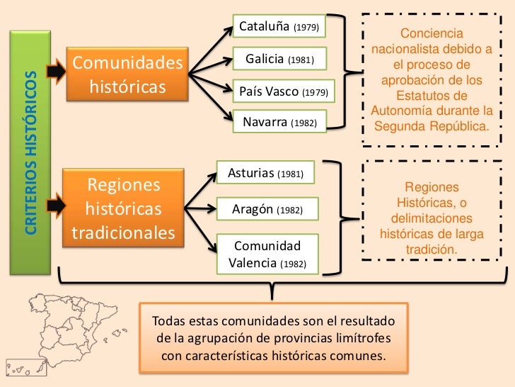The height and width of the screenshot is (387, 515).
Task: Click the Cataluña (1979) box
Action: [x=279, y=28]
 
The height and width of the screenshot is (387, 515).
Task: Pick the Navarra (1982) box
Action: [x=279, y=123]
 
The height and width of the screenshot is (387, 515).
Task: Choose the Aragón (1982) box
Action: [x=267, y=210]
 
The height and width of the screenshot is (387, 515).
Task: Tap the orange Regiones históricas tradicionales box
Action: [x=123, y=210]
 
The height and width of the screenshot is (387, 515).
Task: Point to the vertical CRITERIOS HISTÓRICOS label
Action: [x=30, y=150]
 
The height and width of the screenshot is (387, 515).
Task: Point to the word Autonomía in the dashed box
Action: [x=402, y=112]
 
